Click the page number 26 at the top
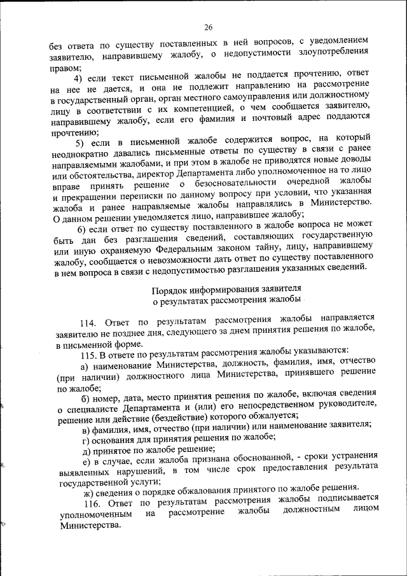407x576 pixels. click(208, 27)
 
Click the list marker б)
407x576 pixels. click(83, 399)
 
